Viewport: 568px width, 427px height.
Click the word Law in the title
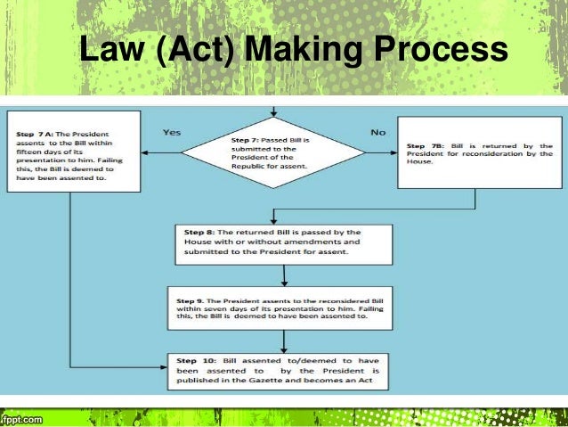coord(103,53)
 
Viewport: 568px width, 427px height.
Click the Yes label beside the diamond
coord(173,132)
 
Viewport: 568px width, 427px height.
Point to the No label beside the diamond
coord(377,132)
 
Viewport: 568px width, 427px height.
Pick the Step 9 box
coord(283,307)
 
